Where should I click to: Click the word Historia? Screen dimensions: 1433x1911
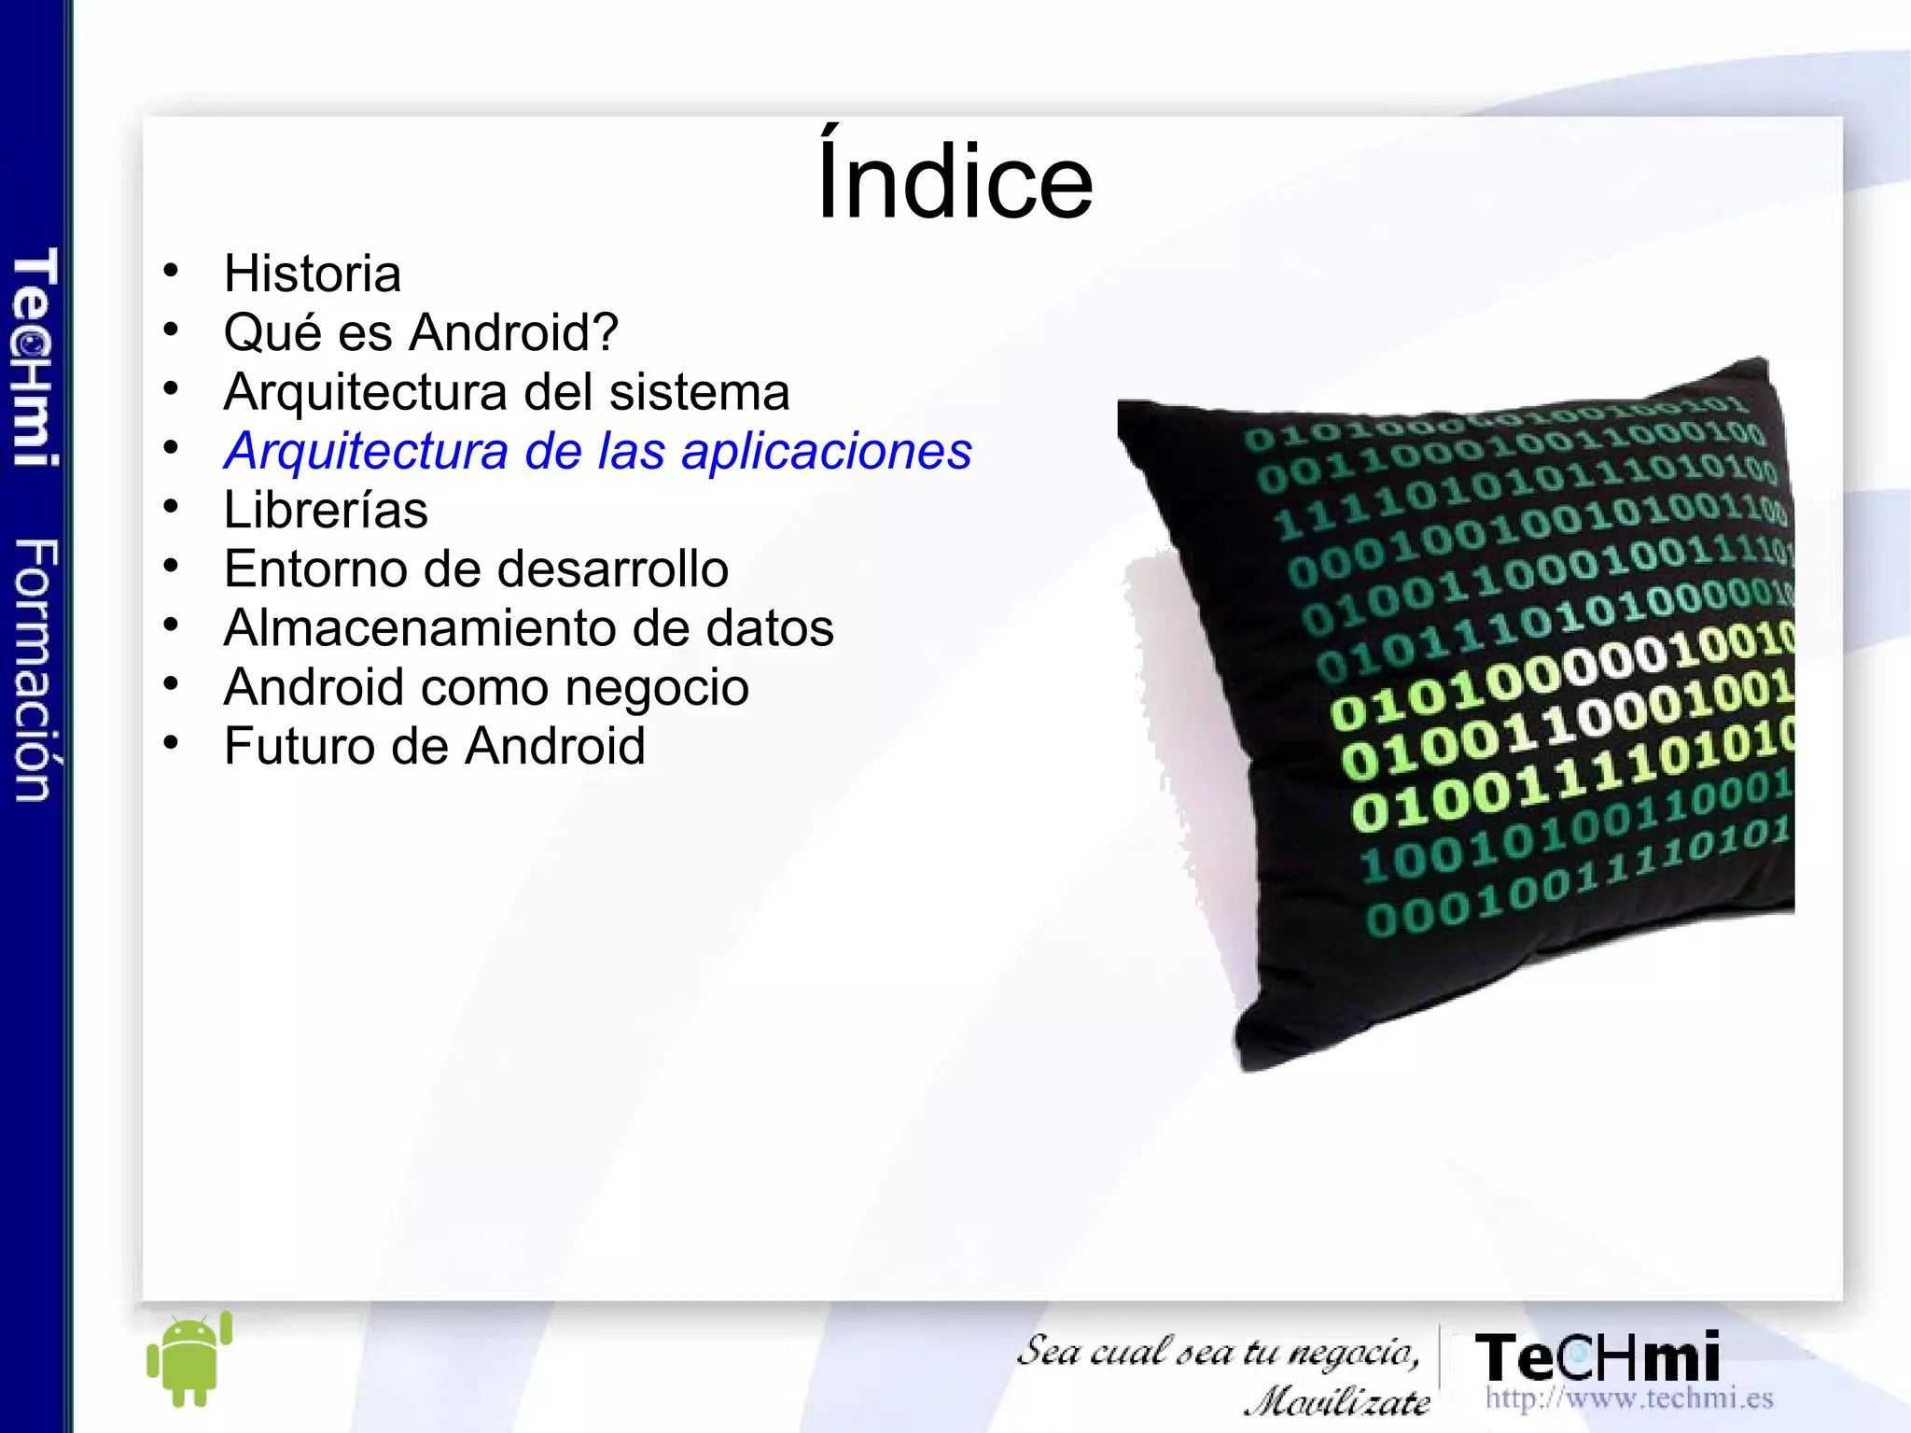313,274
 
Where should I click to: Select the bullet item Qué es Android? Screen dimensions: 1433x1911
421,332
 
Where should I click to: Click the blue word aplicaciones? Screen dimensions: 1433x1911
827,451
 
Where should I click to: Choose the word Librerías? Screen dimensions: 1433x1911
326,510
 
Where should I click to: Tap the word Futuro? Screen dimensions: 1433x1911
299,746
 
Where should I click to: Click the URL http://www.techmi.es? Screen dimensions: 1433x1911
1629,1398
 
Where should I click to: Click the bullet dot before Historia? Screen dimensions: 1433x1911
170,271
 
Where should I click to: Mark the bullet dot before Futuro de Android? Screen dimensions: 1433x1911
170,743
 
